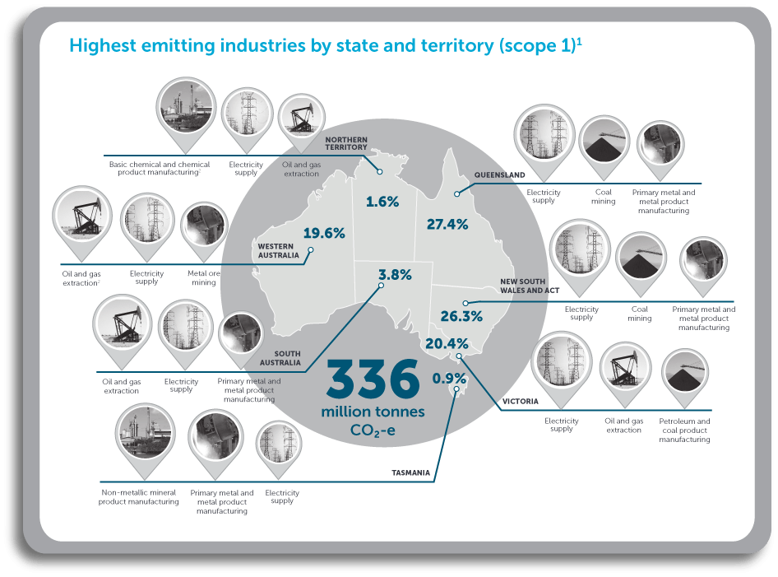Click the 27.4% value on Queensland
(x=448, y=223)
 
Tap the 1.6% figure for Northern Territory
(x=382, y=201)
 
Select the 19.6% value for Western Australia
(x=324, y=233)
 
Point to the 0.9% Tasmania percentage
(x=449, y=379)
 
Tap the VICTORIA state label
(x=520, y=402)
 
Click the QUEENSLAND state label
(x=499, y=175)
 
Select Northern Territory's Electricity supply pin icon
(x=247, y=114)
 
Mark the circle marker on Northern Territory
(x=380, y=172)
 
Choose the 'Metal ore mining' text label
(x=201, y=278)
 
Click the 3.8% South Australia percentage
(x=395, y=276)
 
